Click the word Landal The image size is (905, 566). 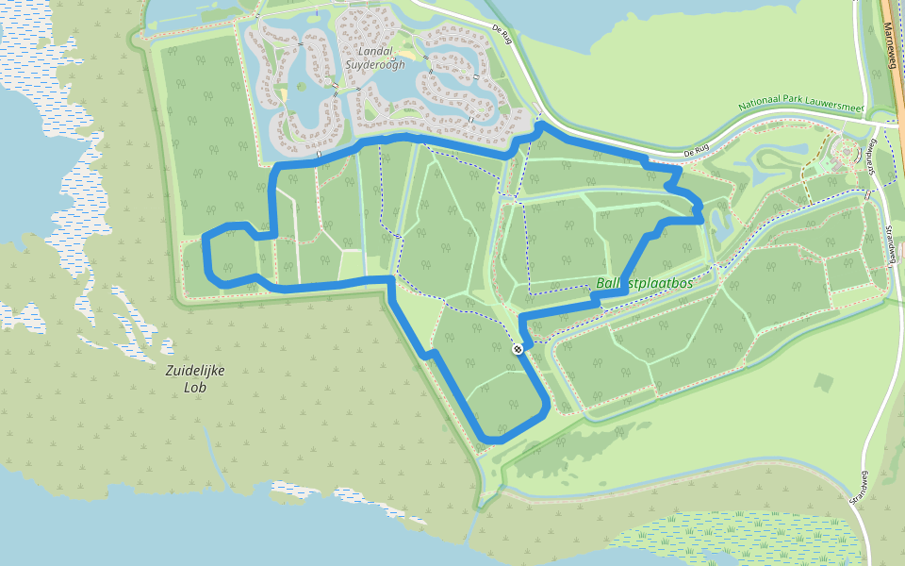tap(379, 49)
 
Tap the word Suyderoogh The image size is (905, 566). tap(379, 64)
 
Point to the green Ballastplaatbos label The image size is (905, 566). tap(645, 283)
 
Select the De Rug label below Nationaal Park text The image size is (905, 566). tap(696, 152)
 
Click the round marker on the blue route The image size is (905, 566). tap(518, 350)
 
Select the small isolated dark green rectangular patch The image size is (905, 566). tap(823, 383)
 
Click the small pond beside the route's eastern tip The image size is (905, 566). tap(722, 225)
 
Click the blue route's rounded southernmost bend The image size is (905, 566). tap(496, 439)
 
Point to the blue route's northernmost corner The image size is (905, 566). tap(541, 125)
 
